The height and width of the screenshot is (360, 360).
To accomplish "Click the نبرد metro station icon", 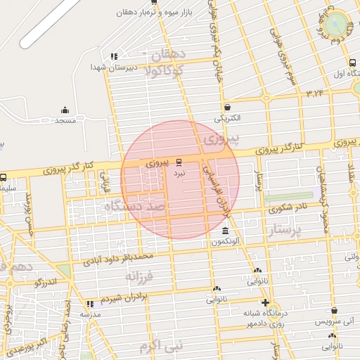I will tap(179, 161).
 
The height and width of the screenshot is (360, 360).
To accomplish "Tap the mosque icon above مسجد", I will tap(65, 110).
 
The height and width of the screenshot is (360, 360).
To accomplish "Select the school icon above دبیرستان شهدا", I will tap(114, 56).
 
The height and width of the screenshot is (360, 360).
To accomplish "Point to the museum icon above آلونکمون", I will tap(224, 232).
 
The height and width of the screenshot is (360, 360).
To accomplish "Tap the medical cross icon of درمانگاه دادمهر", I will tap(265, 303).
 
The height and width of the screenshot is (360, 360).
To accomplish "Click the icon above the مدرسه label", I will tap(90, 304).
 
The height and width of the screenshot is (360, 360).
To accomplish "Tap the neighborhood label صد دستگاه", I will tap(134, 207).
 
